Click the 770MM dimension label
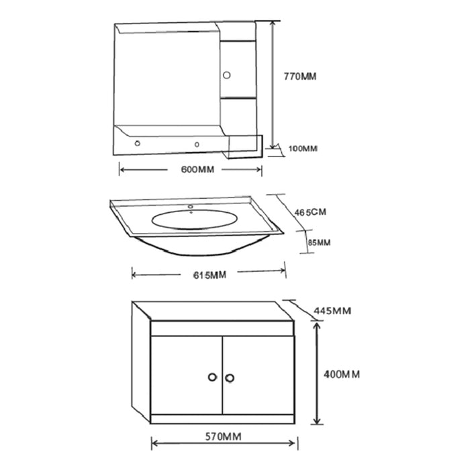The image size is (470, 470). click(299, 77)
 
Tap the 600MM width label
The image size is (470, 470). click(197, 169)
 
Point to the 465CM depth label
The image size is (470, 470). click(310, 211)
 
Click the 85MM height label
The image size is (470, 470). click(320, 242)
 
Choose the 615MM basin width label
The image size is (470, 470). click(208, 275)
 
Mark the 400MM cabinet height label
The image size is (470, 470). click(341, 374)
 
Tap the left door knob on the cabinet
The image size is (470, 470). click(212, 378)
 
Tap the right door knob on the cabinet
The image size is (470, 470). click(230, 378)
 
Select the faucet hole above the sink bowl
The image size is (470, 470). click(191, 206)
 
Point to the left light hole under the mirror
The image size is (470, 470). click(138, 142)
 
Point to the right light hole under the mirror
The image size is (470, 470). click(198, 142)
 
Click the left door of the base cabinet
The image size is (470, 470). click(185, 376)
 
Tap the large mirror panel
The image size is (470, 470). click(164, 81)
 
